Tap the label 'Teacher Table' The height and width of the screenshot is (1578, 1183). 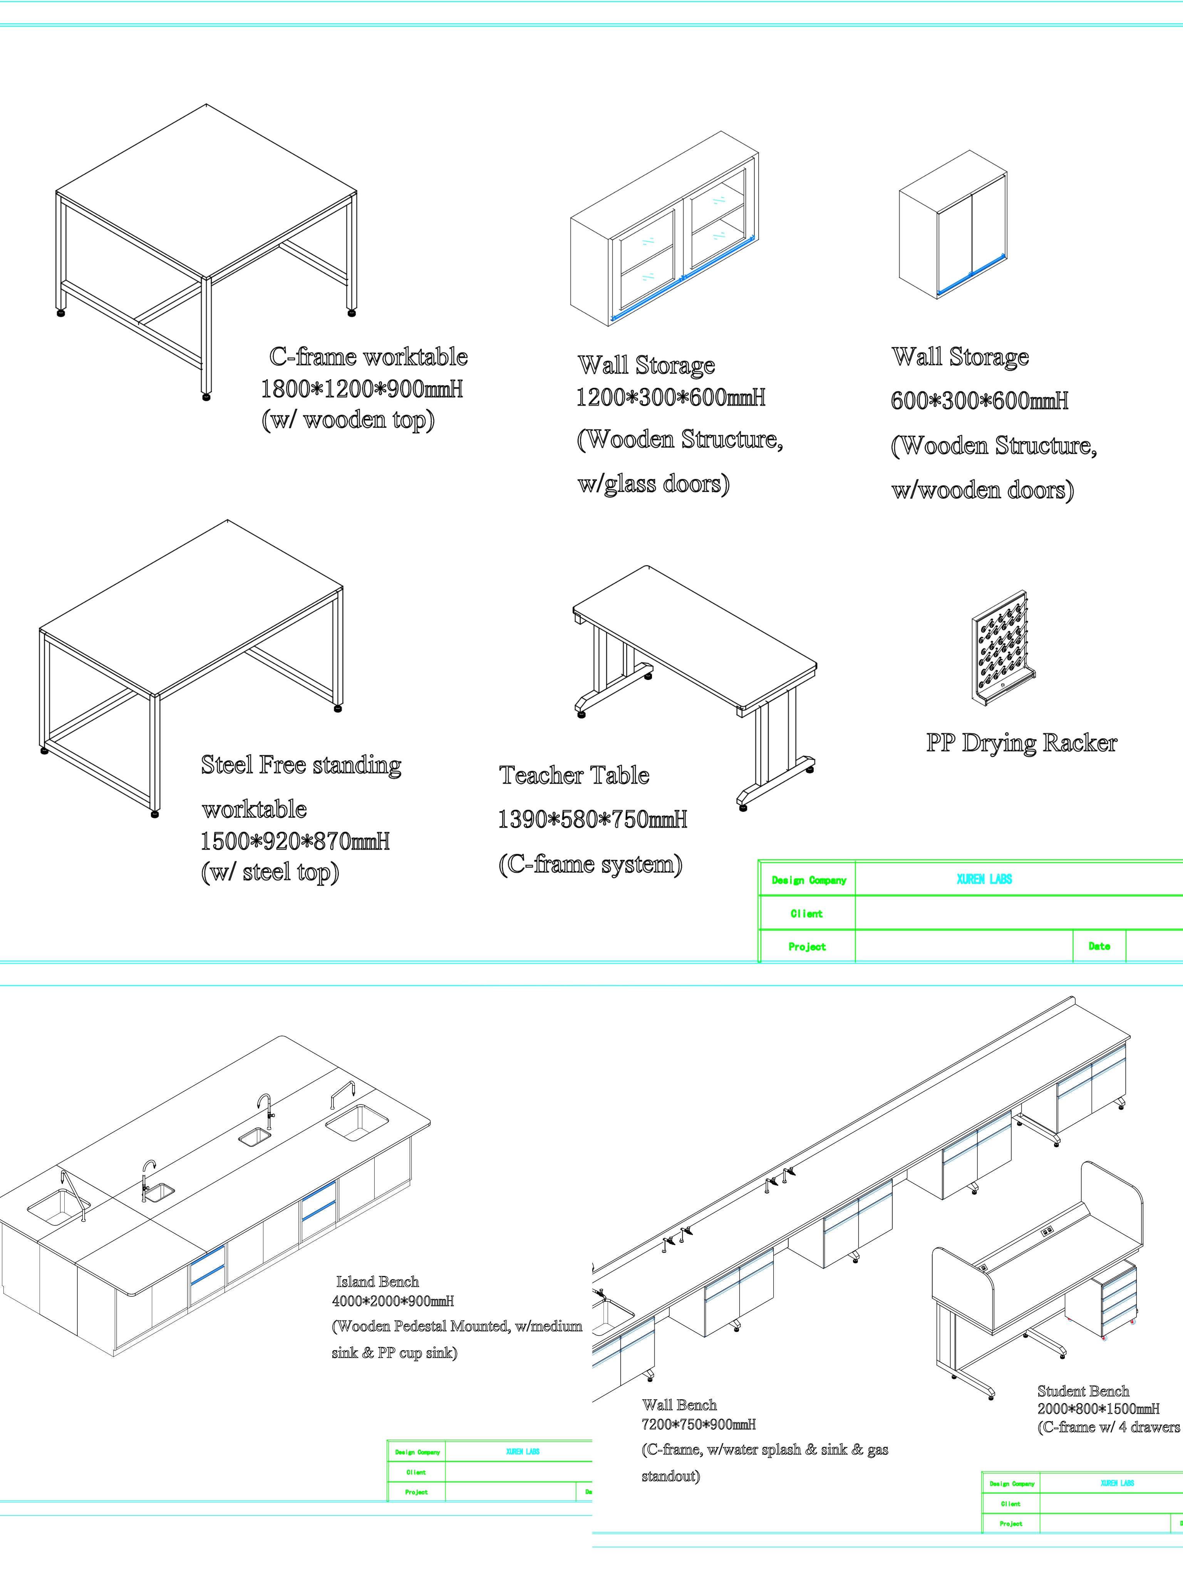574,776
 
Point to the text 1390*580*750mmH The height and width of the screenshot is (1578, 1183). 592,820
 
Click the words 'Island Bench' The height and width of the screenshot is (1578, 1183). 377,1282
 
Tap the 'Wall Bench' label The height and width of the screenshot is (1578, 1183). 679,1405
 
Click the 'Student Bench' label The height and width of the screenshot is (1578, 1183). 1083,1391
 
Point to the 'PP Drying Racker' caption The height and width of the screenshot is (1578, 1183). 1021,743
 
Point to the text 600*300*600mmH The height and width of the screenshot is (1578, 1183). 979,401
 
